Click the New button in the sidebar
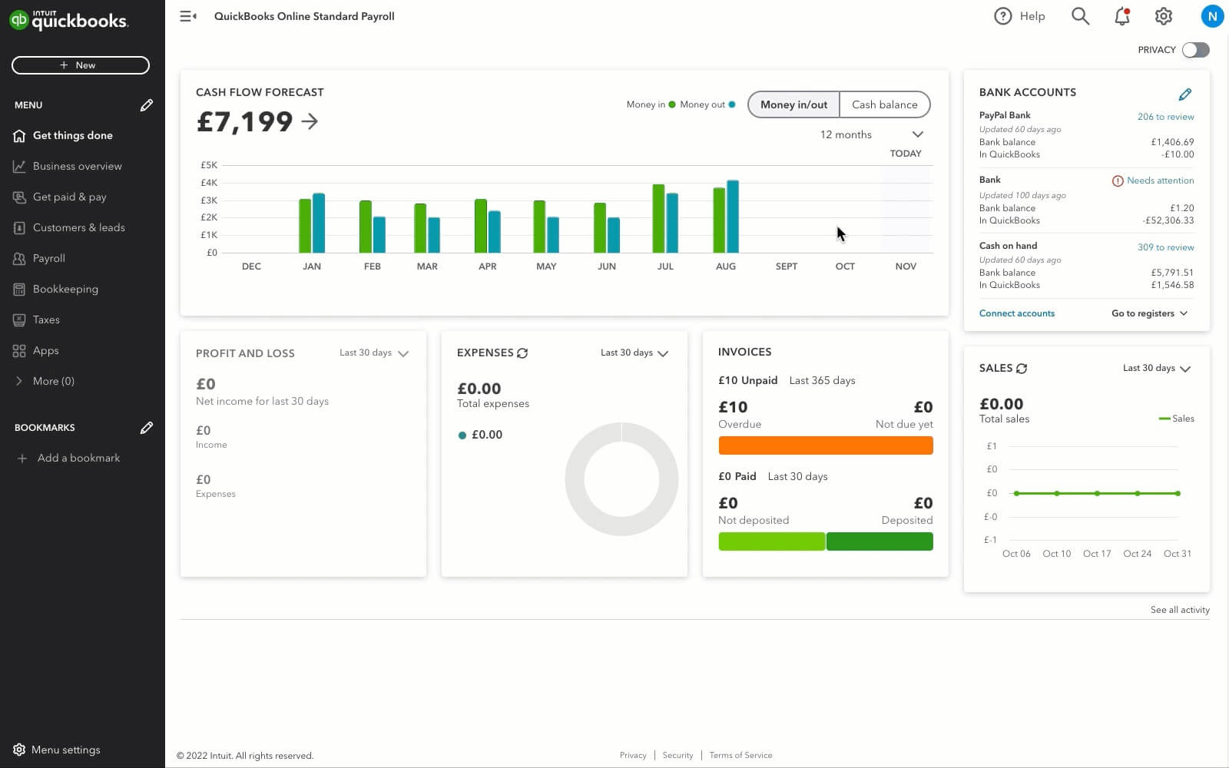point(80,65)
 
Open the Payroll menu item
point(48,258)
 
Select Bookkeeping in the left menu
point(65,289)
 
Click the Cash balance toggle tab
point(884,104)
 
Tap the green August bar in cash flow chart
point(719,220)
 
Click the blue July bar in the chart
point(672,223)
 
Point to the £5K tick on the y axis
point(209,165)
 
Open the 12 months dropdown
point(871,134)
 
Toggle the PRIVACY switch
point(1195,50)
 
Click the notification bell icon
point(1122,16)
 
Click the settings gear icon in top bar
point(1164,16)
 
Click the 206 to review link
point(1165,117)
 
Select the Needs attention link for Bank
point(1160,180)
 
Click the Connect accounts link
point(1016,313)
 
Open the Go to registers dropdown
point(1149,313)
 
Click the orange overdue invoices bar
point(825,445)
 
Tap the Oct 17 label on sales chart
point(1096,554)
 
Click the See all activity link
point(1179,610)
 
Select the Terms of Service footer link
point(740,756)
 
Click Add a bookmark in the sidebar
point(78,458)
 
